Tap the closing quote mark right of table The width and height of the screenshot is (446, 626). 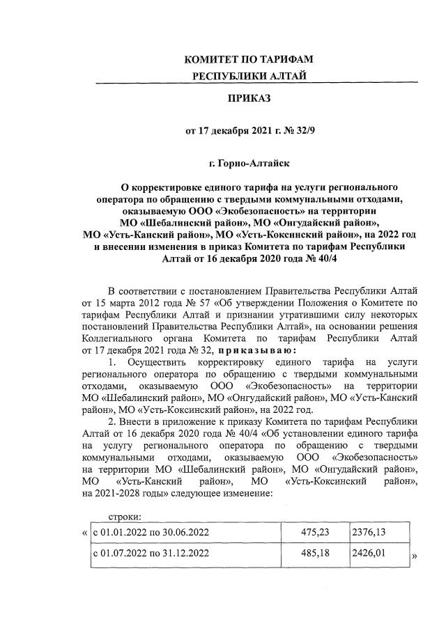(415, 557)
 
